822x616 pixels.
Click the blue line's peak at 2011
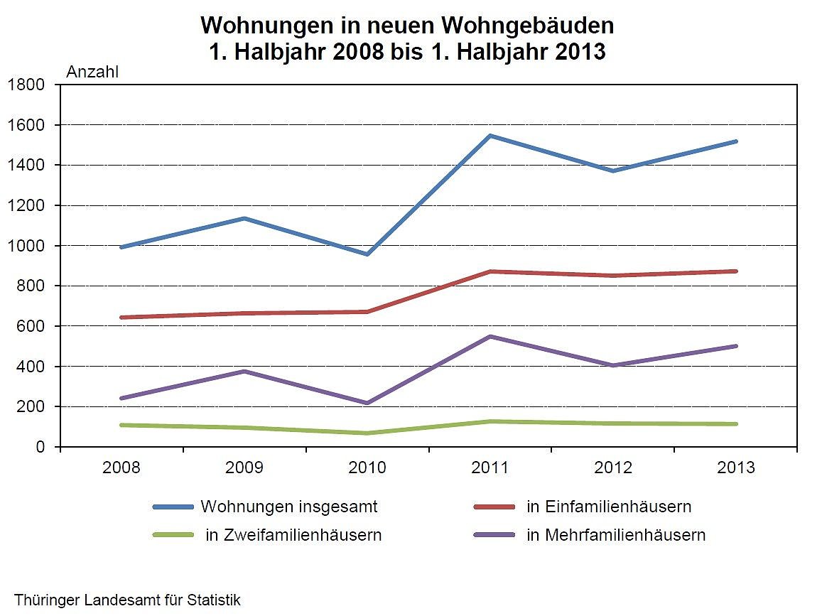pos(490,136)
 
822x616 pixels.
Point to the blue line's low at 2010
pos(367,254)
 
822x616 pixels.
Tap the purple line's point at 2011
pos(490,336)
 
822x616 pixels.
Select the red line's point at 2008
pos(122,317)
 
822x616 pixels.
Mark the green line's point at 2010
pos(367,433)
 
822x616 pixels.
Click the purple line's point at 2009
pos(244,371)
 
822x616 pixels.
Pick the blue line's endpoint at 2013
pos(735,141)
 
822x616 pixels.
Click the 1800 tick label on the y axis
pos(26,85)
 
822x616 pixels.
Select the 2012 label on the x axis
pos(613,468)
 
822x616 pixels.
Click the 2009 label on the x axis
pos(244,468)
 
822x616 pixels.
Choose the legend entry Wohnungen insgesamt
pos(288,507)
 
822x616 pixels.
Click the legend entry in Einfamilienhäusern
pos(609,507)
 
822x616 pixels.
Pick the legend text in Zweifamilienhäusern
pos(293,535)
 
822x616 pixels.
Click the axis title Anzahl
pos(92,71)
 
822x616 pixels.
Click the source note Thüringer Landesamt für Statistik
pos(127,600)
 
